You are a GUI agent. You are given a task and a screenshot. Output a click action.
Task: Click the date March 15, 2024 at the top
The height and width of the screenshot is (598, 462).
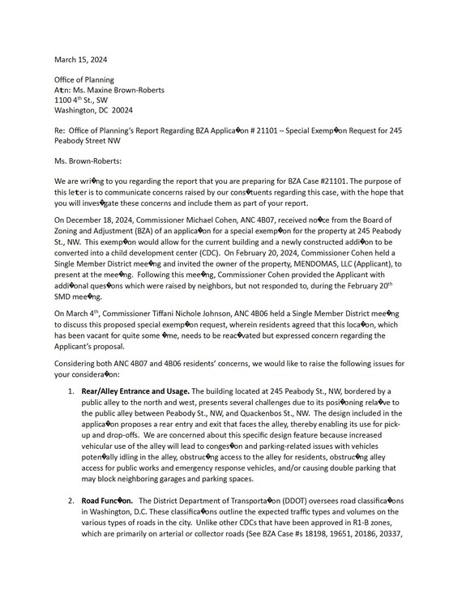(80, 59)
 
